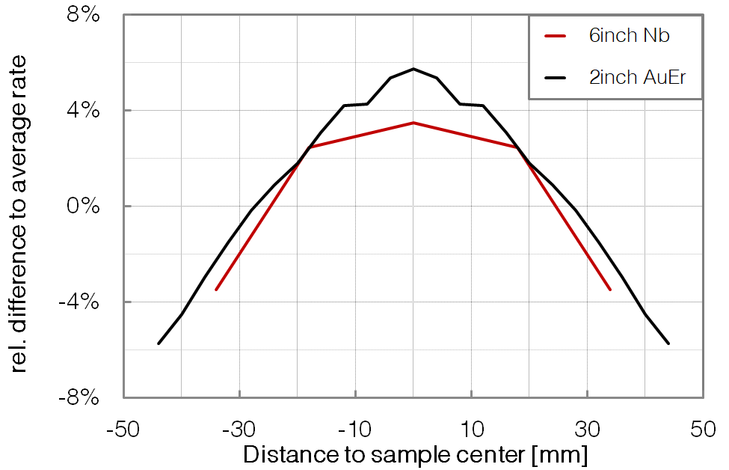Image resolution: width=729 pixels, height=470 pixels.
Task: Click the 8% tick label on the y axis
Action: click(83, 15)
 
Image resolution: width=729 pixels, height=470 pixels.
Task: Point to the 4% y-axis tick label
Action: click(83, 111)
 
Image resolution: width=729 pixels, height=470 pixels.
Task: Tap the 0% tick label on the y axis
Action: click(83, 207)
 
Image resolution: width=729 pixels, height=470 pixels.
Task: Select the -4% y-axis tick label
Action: click(80, 302)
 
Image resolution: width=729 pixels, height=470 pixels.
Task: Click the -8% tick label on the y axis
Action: click(80, 397)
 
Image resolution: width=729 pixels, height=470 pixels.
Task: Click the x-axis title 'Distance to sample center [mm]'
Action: click(416, 454)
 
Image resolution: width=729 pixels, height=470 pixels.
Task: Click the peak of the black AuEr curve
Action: click(413, 69)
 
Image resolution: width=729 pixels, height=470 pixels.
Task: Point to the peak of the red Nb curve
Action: click(413, 123)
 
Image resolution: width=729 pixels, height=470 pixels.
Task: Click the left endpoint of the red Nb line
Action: click(216, 290)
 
